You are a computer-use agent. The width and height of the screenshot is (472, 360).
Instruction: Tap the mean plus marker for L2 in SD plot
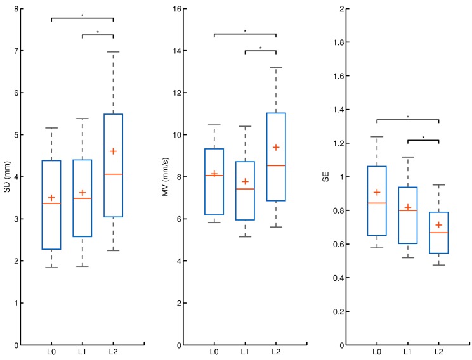click(113, 151)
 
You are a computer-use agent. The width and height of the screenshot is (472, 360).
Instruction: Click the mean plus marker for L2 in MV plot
click(276, 147)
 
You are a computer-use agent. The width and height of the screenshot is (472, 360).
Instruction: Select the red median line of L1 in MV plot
click(245, 189)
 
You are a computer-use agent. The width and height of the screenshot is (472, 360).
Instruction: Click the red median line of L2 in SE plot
click(438, 233)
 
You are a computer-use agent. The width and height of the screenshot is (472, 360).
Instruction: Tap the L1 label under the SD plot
click(82, 352)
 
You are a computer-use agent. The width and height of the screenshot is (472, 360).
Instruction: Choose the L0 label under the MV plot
click(214, 352)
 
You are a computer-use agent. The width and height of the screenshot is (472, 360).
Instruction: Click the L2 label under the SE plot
click(438, 352)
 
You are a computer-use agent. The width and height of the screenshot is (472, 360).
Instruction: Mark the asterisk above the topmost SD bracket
click(82, 14)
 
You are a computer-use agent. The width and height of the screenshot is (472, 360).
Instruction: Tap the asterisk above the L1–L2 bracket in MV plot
click(261, 48)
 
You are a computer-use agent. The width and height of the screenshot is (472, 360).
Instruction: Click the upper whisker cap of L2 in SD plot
click(113, 52)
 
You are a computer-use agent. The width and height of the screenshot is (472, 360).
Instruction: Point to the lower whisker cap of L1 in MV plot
click(245, 236)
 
